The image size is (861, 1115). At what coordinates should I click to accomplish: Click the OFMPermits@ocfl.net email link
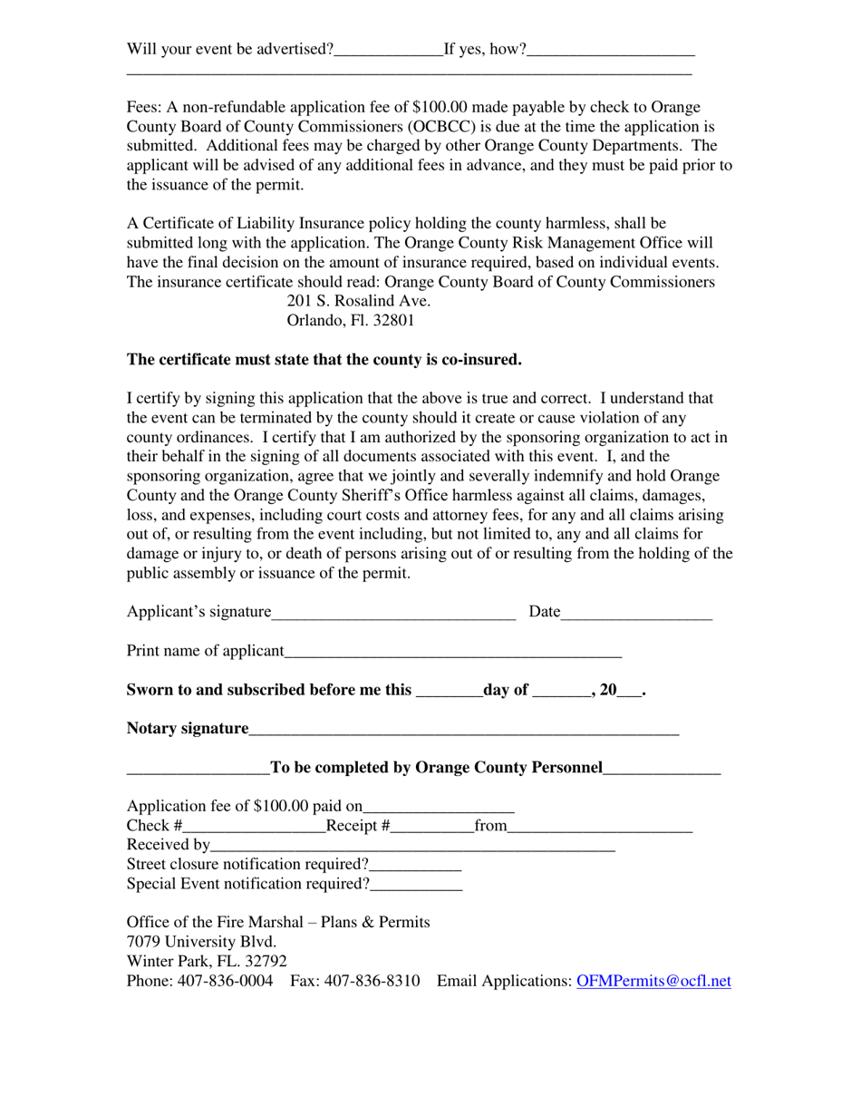point(653,981)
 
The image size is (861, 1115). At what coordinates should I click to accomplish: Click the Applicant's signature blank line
point(393,614)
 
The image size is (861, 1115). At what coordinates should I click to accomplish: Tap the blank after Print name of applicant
point(453,653)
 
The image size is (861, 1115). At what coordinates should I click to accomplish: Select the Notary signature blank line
point(463,730)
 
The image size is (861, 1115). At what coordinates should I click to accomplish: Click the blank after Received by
point(412,847)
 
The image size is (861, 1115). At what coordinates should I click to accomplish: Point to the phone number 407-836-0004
point(224,981)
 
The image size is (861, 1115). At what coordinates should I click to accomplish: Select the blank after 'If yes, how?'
point(611,51)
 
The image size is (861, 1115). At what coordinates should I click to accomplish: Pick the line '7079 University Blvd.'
point(201,942)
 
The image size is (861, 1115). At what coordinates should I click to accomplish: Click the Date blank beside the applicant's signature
point(636,614)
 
